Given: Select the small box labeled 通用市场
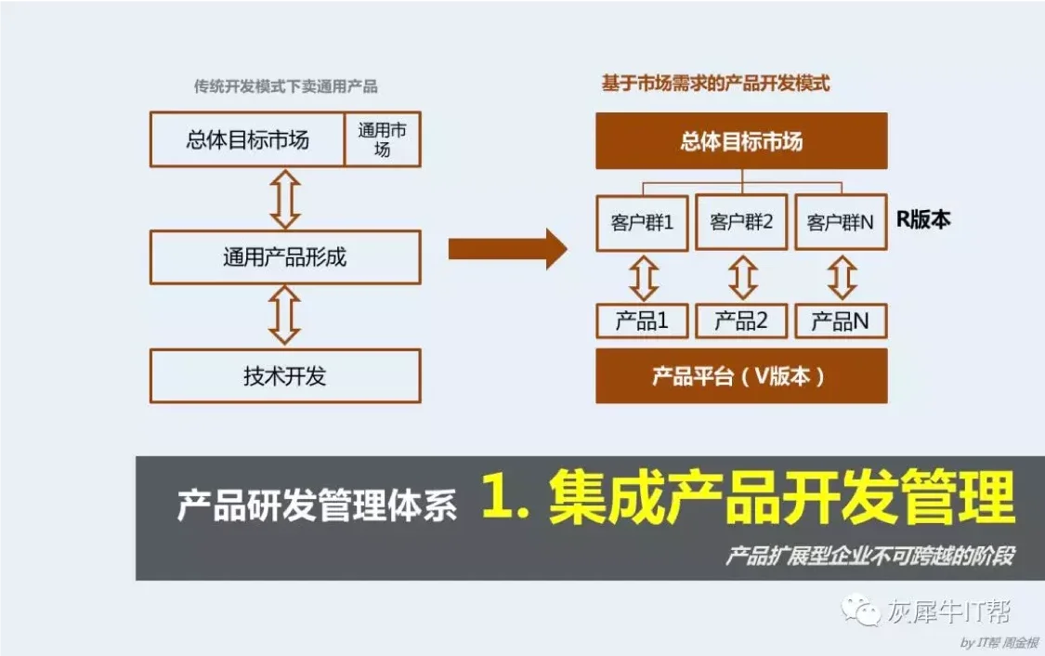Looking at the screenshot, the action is point(383,139).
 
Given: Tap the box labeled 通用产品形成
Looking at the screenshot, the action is point(285,257).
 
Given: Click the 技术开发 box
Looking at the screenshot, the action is point(285,376).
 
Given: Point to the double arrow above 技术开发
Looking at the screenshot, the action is point(284,316).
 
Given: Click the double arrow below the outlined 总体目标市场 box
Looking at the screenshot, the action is point(285,199).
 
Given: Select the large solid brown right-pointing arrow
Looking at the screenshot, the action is point(507,249).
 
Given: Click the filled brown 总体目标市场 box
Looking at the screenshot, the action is point(741,140).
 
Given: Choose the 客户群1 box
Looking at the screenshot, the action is point(643,223).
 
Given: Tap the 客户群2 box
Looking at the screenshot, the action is point(742,223).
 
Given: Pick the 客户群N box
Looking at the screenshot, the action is point(841,223).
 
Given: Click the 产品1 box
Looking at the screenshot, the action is point(643,321).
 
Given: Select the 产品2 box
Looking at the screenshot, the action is point(742,321).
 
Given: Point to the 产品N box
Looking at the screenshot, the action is point(841,321).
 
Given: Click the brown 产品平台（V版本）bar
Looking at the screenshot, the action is point(741,376).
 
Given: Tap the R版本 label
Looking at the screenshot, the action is point(923,219).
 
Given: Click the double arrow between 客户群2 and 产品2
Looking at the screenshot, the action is point(742,277).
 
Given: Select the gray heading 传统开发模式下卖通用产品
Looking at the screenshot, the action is point(286,86).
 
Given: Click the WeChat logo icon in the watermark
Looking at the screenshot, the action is point(860,610).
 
